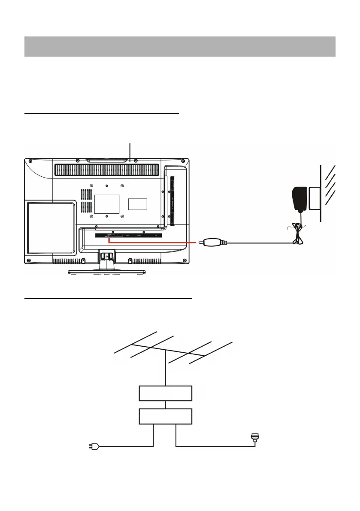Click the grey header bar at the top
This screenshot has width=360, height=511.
click(179, 46)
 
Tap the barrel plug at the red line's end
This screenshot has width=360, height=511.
click(212, 242)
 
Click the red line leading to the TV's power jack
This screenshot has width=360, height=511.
click(154, 242)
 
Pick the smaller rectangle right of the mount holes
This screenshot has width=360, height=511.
click(138, 204)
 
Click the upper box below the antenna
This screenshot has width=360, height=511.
click(166, 393)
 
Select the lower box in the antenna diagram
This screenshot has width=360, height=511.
click(166, 416)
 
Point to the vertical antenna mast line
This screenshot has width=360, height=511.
click(166, 369)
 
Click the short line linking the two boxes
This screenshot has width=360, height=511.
click(166, 404)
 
